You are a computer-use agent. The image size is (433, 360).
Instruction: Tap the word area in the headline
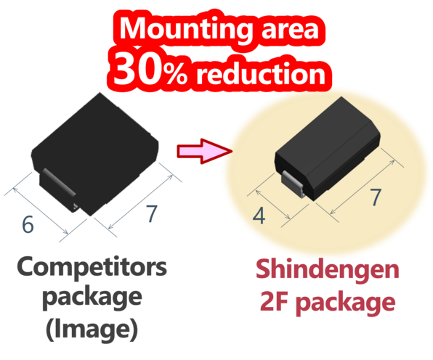click(290, 29)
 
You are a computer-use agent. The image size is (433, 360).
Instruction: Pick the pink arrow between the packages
click(205, 151)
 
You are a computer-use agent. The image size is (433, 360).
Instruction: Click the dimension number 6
click(28, 224)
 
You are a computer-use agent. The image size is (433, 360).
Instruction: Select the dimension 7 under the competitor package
click(152, 213)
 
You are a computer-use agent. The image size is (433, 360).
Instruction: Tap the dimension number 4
click(259, 216)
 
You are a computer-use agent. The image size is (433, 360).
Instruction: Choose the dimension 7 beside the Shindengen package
click(376, 197)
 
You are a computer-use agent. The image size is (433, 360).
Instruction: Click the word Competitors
click(92, 267)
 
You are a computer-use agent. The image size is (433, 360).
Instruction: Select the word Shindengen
click(327, 269)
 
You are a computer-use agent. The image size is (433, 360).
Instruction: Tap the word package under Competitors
click(92, 298)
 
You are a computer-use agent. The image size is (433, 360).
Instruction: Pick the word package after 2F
click(347, 303)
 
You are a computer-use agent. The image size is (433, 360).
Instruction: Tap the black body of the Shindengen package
click(328, 149)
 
